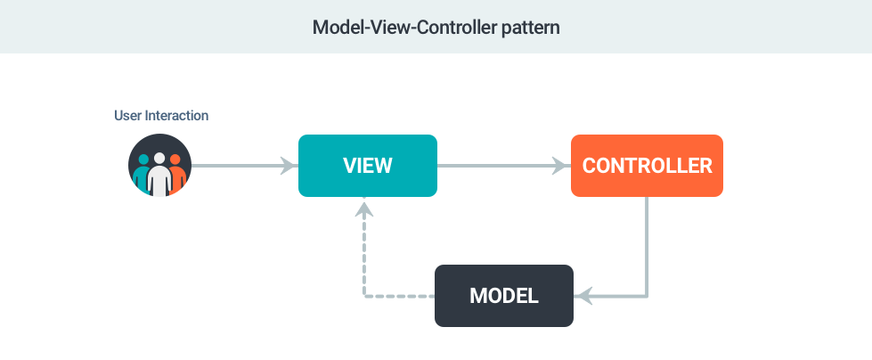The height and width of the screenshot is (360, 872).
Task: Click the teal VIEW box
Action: (368, 165)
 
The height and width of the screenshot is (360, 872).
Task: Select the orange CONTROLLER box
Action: (647, 165)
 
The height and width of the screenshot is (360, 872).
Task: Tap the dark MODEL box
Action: (504, 296)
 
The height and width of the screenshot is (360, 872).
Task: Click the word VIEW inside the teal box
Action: (368, 166)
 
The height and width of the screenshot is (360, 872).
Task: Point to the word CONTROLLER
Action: (648, 166)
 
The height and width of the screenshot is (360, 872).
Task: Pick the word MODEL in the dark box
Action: (504, 296)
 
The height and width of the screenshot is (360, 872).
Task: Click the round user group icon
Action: (159, 165)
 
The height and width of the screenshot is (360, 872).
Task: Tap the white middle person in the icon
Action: (159, 174)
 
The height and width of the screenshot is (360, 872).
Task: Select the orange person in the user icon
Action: (176, 174)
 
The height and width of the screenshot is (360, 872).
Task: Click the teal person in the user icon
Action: (143, 174)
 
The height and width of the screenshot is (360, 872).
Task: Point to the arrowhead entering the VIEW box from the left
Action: (289, 165)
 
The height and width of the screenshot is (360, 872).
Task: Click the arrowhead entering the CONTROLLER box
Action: (562, 165)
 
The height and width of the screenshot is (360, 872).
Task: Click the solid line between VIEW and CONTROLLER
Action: (504, 165)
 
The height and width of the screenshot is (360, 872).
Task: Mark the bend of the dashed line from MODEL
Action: (364, 296)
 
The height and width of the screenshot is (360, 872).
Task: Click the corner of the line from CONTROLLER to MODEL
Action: (647, 296)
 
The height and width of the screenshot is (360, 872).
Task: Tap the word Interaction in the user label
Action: (176, 116)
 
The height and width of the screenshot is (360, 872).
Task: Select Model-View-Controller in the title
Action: (404, 27)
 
